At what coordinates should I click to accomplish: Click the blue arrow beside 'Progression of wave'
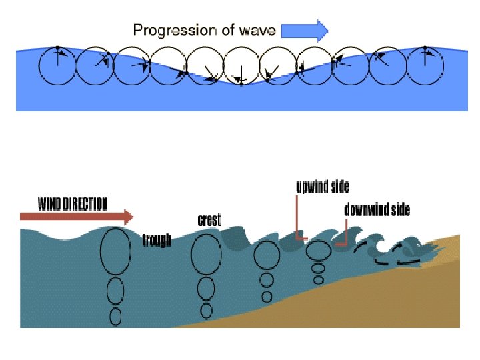(x=305, y=30)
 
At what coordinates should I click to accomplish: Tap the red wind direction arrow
(x=77, y=217)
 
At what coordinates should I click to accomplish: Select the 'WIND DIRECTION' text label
(x=73, y=203)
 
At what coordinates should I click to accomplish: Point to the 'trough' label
(x=157, y=240)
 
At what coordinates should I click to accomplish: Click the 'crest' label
(x=209, y=220)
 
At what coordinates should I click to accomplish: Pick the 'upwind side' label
(x=323, y=187)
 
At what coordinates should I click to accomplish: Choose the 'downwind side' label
(x=377, y=209)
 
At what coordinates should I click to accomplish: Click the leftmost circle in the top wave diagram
(x=57, y=66)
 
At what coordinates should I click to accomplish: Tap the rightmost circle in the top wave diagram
(x=425, y=66)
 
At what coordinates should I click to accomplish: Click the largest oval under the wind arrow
(x=115, y=251)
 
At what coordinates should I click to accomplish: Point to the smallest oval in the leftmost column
(x=115, y=316)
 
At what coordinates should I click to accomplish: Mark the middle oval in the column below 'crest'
(x=206, y=288)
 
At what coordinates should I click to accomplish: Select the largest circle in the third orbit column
(x=267, y=255)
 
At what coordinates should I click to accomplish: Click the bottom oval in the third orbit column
(x=267, y=296)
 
